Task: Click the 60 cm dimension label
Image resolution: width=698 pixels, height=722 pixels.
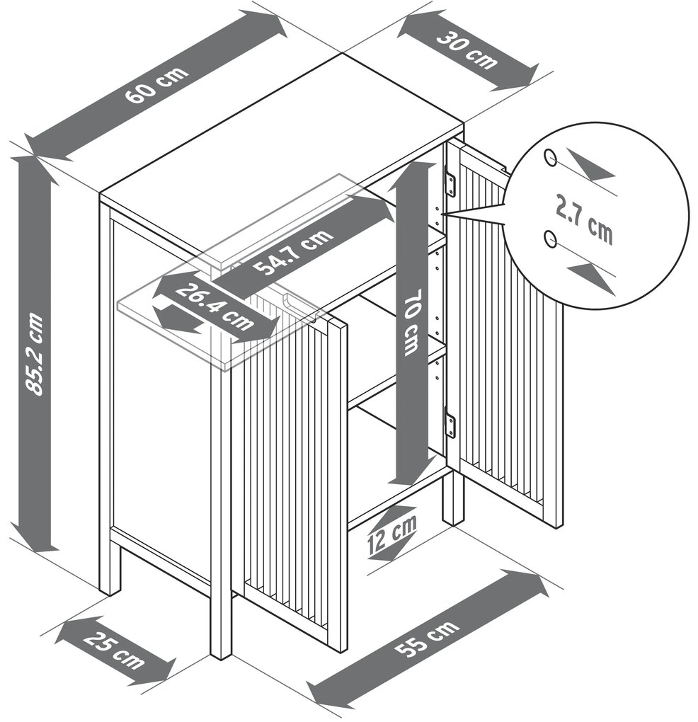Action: point(157,85)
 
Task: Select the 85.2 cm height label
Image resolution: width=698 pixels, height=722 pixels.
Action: point(35,354)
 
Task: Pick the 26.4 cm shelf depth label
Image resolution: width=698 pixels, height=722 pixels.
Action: point(215,306)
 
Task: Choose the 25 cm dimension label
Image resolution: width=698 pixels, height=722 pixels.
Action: point(115,650)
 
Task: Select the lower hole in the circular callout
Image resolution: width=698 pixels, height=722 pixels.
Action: point(550,239)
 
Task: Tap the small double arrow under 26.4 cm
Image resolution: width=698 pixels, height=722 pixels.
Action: point(177,316)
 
